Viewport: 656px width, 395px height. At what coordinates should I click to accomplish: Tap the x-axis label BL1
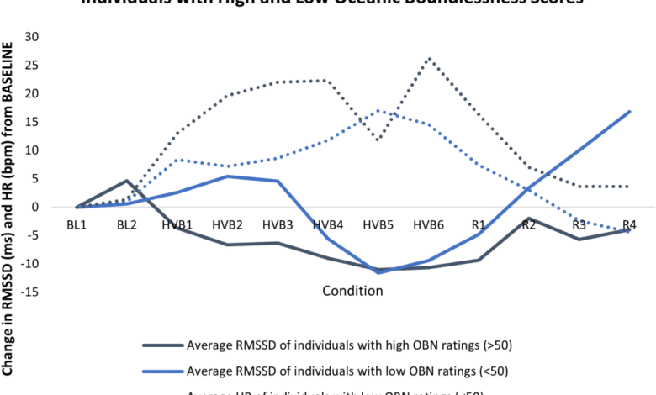(76, 224)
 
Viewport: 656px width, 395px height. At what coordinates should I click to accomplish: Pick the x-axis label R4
(629, 224)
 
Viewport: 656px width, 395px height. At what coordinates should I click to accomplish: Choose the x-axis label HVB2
(227, 224)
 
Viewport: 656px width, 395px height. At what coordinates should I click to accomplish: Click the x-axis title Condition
(352, 291)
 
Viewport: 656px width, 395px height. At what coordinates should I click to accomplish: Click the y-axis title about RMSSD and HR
(10, 202)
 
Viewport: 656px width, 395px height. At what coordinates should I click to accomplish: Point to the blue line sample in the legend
(162, 371)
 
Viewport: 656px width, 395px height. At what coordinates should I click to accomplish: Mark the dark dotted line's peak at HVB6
(429, 59)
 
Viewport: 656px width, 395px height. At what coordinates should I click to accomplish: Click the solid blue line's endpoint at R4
(630, 111)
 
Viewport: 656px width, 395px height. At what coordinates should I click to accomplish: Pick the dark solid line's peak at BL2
(126, 181)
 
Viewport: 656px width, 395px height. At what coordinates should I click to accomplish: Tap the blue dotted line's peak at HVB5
(378, 111)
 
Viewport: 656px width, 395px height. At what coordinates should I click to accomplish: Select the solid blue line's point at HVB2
(227, 176)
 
